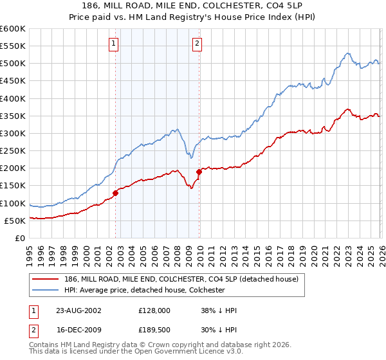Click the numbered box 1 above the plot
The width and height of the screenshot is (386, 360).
[113, 44]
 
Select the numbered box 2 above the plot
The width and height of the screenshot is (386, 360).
[196, 44]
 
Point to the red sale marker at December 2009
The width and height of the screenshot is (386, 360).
[199, 172]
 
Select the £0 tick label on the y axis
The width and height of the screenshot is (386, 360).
[19, 238]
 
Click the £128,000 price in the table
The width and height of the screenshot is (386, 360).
[154, 310]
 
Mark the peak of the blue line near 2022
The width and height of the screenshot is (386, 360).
[347, 53]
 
